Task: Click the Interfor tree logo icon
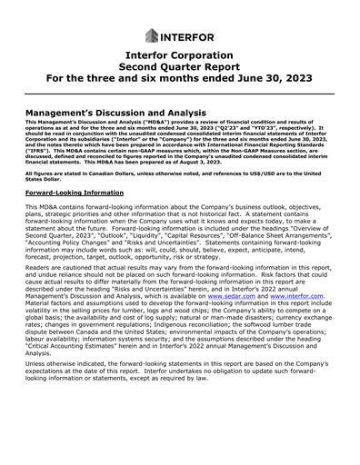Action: pyautogui.click(x=151, y=35)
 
